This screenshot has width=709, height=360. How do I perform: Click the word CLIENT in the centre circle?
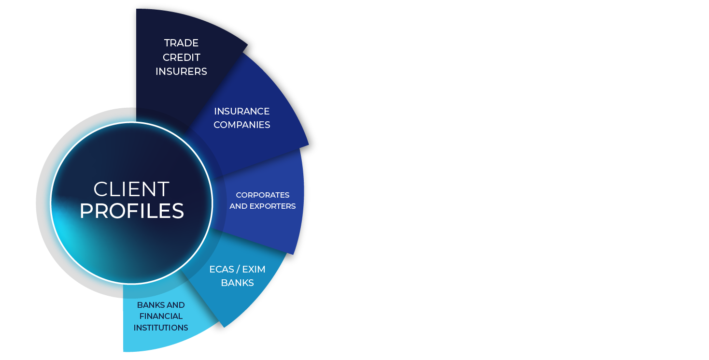[x=131, y=189]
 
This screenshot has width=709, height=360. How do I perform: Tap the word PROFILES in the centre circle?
[x=132, y=211]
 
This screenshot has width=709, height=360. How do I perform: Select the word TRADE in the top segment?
[x=181, y=43]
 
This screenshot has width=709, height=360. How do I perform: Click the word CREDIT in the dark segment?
[x=181, y=57]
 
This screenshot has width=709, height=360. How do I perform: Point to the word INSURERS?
[x=181, y=72]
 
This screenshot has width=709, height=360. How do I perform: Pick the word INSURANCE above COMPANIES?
[x=241, y=111]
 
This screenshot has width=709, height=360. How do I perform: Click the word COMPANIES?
[x=241, y=125]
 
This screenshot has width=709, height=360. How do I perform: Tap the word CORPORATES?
[x=262, y=195]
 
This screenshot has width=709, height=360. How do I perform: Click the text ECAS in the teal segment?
[x=222, y=269]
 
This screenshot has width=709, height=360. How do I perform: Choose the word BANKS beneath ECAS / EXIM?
[x=237, y=283]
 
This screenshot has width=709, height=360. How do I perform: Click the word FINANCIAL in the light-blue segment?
[x=161, y=316]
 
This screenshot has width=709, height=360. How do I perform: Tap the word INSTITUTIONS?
[x=161, y=328]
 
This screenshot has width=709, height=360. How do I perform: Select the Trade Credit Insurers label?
[x=181, y=57]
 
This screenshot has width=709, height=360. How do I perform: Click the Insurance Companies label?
[x=241, y=118]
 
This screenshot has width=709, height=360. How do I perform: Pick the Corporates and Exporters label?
[x=262, y=201]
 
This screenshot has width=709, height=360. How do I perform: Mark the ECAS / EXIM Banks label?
[x=237, y=276]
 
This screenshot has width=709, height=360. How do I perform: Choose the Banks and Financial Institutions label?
[x=161, y=316]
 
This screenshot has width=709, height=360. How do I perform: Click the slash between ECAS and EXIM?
[x=238, y=269]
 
